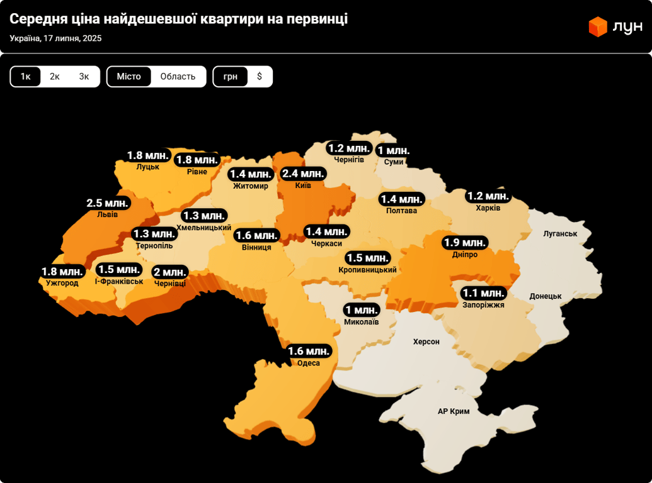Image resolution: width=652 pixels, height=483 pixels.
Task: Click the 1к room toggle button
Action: coord(25,77)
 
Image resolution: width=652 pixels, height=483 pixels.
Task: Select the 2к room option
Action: coord(55,77)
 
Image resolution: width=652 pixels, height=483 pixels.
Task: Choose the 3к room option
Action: coord(84,77)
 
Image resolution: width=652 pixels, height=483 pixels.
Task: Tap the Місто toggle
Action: coord(129,77)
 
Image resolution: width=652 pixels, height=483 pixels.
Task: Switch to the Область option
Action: coord(178,77)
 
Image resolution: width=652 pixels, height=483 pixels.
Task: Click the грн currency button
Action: coord(230,77)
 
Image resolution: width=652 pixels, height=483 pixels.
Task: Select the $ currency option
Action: coord(260,77)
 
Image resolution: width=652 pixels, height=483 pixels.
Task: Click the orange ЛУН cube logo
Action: coord(597,26)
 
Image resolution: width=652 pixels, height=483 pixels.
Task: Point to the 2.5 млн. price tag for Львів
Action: coord(108,203)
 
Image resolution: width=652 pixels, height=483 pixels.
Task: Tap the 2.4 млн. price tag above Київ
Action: coord(303,174)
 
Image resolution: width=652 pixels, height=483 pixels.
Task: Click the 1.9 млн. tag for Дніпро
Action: coord(465,243)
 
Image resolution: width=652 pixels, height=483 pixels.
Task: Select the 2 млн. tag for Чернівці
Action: coord(170,272)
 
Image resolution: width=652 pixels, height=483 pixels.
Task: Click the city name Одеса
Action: coord(309,363)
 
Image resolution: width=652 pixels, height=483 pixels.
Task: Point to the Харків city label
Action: coord(488,208)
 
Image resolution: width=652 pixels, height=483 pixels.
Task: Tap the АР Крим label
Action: coord(454,411)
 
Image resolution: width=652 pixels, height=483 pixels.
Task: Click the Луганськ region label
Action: coord(560,233)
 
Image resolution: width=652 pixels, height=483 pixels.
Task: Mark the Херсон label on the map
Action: coord(426,341)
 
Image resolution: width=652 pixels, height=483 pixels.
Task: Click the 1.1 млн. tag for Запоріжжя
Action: coord(483,293)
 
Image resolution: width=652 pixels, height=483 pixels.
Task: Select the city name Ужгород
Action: coord(62,283)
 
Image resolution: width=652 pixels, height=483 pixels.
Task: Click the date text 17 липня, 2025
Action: coord(72,38)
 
